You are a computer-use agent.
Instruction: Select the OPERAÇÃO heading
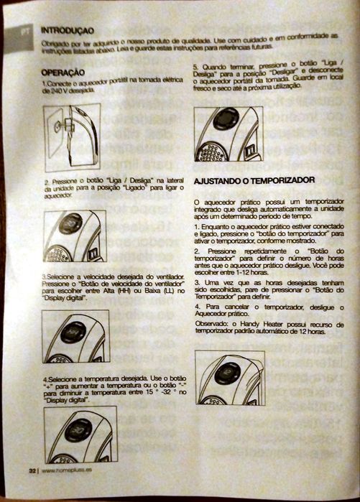point(63,73)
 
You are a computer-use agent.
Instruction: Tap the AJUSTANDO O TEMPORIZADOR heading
point(254,179)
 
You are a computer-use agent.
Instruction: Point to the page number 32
point(32,471)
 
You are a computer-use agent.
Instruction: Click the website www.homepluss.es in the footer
point(69,471)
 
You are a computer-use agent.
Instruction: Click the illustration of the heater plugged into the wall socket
point(71,137)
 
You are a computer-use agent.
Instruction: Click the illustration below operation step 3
point(75,335)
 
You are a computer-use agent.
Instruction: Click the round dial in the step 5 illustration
point(225,119)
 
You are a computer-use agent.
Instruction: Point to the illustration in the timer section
point(230,377)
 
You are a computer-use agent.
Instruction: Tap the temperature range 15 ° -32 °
point(159,393)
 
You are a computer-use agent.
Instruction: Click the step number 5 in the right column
point(196,66)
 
